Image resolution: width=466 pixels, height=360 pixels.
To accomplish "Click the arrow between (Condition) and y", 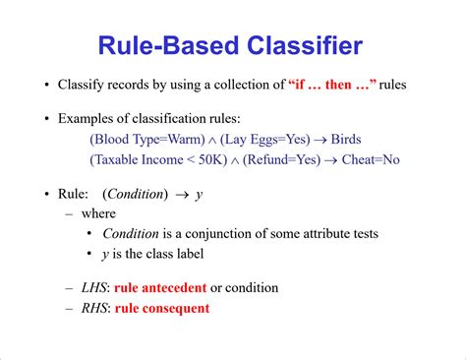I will [182, 194].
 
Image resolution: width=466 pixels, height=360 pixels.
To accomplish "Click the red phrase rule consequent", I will [161, 308].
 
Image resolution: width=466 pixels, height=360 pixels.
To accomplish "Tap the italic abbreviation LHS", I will [94, 288].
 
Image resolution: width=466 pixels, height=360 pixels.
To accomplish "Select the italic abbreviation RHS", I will [94, 308].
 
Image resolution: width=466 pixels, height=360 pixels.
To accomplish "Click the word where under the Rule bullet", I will [98, 213].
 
